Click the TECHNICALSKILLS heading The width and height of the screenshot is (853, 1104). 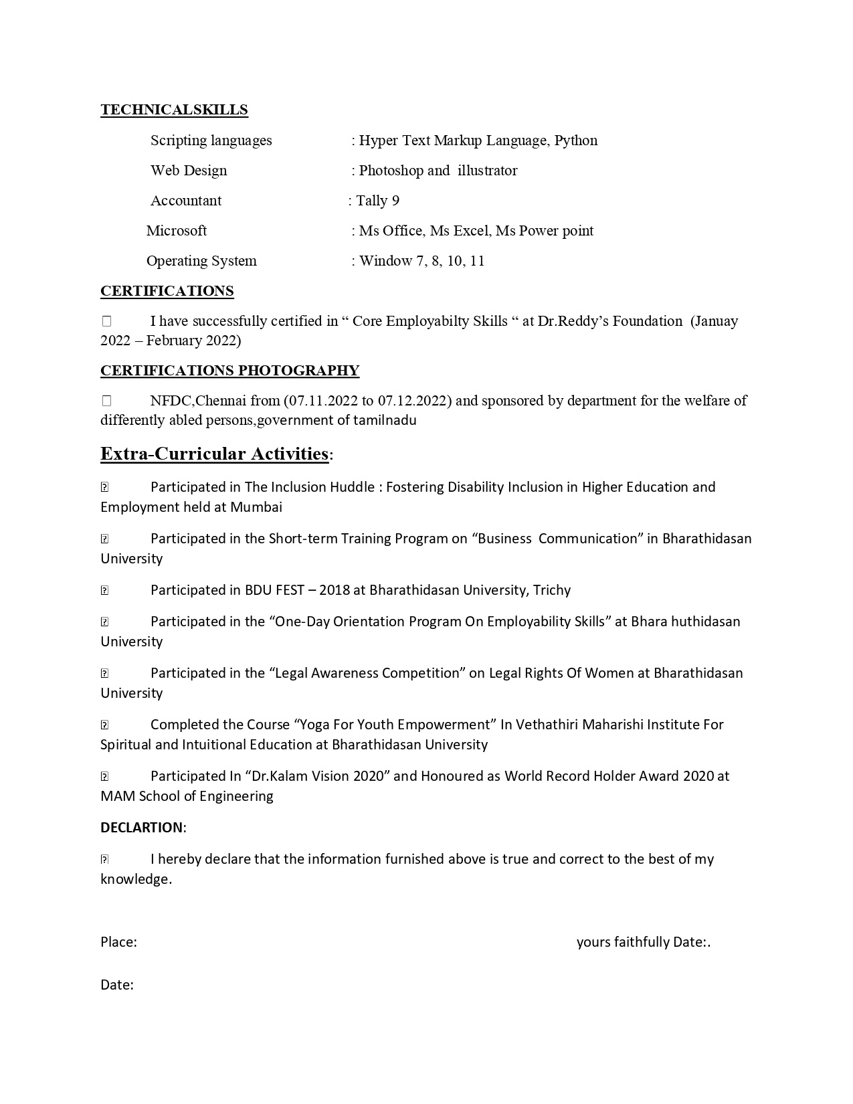click(174, 110)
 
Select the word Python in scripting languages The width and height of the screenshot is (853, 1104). click(576, 141)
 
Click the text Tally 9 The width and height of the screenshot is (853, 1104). click(377, 201)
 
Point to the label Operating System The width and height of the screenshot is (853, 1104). click(201, 261)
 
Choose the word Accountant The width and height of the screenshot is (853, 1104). click(186, 201)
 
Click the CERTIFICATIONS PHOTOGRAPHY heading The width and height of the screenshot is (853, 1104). click(229, 371)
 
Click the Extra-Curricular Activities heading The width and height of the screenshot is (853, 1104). click(214, 454)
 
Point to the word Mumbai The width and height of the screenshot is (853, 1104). click(256, 507)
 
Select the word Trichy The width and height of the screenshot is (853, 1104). click(552, 590)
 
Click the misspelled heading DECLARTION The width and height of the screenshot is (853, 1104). click(141, 828)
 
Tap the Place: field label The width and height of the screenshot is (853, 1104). click(118, 942)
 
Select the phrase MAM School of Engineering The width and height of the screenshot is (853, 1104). click(187, 796)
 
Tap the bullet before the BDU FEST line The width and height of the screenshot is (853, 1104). click(104, 591)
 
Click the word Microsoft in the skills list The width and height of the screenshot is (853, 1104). click(177, 231)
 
